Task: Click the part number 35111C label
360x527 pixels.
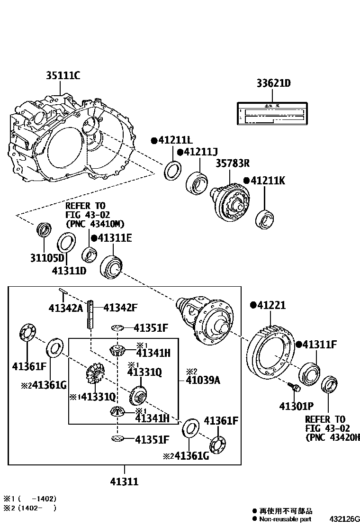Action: click(63, 75)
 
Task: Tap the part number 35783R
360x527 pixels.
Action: click(233, 164)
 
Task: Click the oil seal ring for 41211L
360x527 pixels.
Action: click(172, 170)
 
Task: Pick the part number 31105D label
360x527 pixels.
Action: click(47, 258)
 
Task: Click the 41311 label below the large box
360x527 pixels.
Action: click(124, 482)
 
